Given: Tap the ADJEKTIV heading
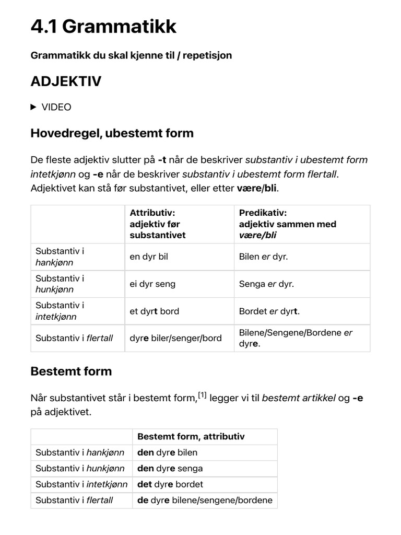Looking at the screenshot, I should pos(66,82).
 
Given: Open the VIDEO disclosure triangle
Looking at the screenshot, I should pos(34,107).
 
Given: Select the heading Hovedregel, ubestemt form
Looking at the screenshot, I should pos(112,133).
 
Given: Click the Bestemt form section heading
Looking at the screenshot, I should pos(71,371).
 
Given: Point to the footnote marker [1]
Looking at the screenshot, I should pos(201,396).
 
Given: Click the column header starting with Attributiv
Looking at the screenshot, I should pos(158,224).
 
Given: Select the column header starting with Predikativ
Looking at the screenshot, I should pos(287,224).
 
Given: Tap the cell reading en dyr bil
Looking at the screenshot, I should pos(149,257).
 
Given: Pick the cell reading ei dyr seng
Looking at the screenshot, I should pos(152,284).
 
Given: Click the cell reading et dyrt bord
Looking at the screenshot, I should pos(155,311).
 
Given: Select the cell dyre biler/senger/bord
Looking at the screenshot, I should pos(175,338).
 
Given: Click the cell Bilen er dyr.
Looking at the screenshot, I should pos(263,257).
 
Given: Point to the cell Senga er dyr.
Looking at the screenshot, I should pos(266,284).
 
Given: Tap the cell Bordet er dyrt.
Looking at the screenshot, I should pos(269,311).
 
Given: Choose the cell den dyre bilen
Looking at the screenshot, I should pos(167,452).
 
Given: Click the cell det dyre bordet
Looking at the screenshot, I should pos(170,484).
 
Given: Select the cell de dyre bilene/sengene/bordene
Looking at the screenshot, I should pos(205,500).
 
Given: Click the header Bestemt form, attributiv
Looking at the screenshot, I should pos(191,436).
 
